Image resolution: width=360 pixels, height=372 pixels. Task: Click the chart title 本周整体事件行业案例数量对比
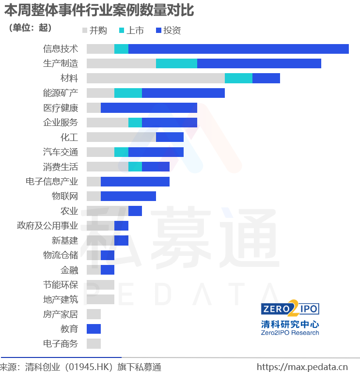pyautogui.click(x=99, y=11)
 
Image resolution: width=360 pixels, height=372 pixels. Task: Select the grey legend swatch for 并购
pyautogui.click(x=85, y=31)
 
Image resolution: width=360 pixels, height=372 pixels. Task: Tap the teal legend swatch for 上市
pyautogui.click(x=122, y=31)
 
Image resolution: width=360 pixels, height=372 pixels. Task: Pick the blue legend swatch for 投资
pyautogui.click(x=158, y=31)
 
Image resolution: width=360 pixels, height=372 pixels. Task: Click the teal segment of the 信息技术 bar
pyautogui.click(x=121, y=49)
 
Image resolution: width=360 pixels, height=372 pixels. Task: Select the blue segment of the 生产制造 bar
pyautogui.click(x=259, y=63)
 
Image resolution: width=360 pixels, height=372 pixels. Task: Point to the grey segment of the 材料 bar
pyautogui.click(x=156, y=78)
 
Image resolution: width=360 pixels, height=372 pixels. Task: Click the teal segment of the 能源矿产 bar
pyautogui.click(x=128, y=93)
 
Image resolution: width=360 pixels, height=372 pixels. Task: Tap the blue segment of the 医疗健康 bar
pyautogui.click(x=149, y=108)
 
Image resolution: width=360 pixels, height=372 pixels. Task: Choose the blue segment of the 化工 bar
pyautogui.click(x=170, y=137)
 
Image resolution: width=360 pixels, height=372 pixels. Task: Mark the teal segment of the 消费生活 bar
pyautogui.click(x=135, y=167)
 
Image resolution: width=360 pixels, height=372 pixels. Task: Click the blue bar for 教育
pyautogui.click(x=94, y=329)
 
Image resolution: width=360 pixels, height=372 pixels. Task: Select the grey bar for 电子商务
pyautogui.click(x=94, y=343)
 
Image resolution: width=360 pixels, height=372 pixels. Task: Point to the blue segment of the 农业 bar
pyautogui.click(x=135, y=211)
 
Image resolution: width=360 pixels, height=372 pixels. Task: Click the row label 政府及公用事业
pyautogui.click(x=47, y=226)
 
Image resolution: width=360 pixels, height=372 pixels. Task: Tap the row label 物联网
pyautogui.click(x=65, y=196)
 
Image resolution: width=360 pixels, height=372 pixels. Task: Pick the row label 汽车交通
pyautogui.click(x=61, y=152)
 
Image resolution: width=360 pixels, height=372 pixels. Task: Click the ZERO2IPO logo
pyautogui.click(x=290, y=309)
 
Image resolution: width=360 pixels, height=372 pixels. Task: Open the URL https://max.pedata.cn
pyautogui.click(x=302, y=367)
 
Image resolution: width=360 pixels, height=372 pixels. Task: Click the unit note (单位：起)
pyautogui.click(x=30, y=28)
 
